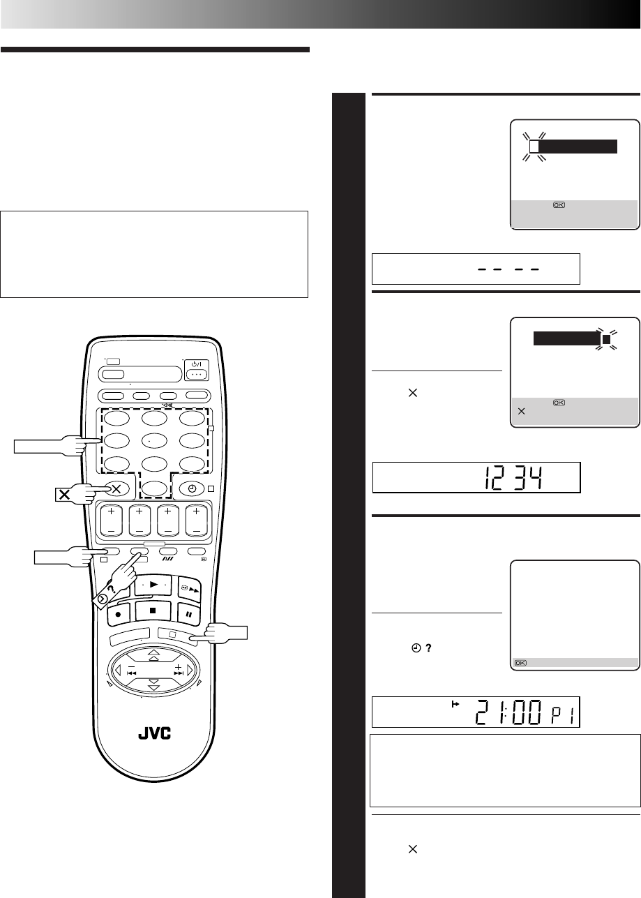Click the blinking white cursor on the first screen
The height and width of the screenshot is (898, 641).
[x=534, y=147]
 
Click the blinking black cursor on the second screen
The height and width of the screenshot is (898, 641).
[x=606, y=340]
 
